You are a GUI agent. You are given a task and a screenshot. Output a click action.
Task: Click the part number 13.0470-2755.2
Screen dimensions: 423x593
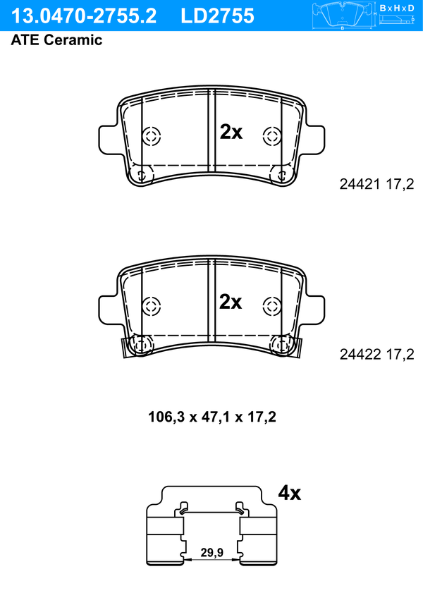(x=84, y=16)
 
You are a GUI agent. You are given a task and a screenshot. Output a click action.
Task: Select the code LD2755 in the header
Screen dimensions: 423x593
(x=217, y=16)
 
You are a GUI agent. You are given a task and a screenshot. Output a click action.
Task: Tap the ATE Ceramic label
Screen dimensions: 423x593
(x=56, y=40)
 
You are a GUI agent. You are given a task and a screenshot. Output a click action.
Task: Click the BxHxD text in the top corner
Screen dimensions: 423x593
(x=397, y=8)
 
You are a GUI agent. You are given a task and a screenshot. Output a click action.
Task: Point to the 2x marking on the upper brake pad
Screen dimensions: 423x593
(x=231, y=132)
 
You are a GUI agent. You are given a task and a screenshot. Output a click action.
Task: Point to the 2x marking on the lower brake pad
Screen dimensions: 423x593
(x=231, y=302)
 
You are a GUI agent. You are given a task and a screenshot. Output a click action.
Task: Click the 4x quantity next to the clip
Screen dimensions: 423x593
(x=290, y=493)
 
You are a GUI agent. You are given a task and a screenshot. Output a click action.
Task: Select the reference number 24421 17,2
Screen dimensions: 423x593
(x=376, y=184)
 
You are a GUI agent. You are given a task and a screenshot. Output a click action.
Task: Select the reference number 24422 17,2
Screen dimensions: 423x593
(x=376, y=355)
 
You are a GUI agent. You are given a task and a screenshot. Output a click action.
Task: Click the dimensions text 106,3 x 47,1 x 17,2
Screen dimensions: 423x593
(x=212, y=417)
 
